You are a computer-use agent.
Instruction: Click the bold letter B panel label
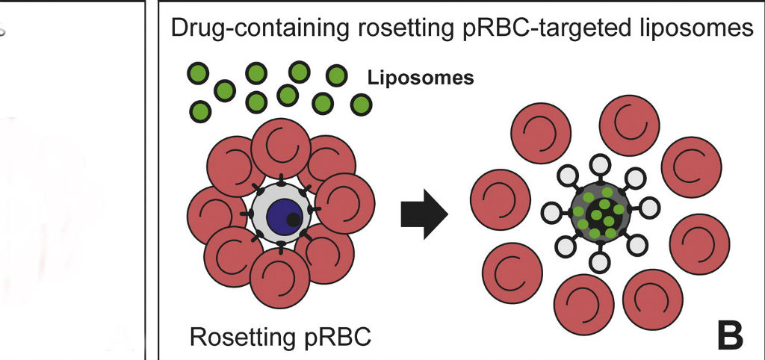[730, 335]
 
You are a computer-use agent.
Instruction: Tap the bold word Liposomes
[421, 78]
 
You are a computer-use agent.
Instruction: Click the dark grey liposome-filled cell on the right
[598, 213]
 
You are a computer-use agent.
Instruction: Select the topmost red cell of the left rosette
[281, 148]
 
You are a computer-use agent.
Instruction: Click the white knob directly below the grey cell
[598, 262]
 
